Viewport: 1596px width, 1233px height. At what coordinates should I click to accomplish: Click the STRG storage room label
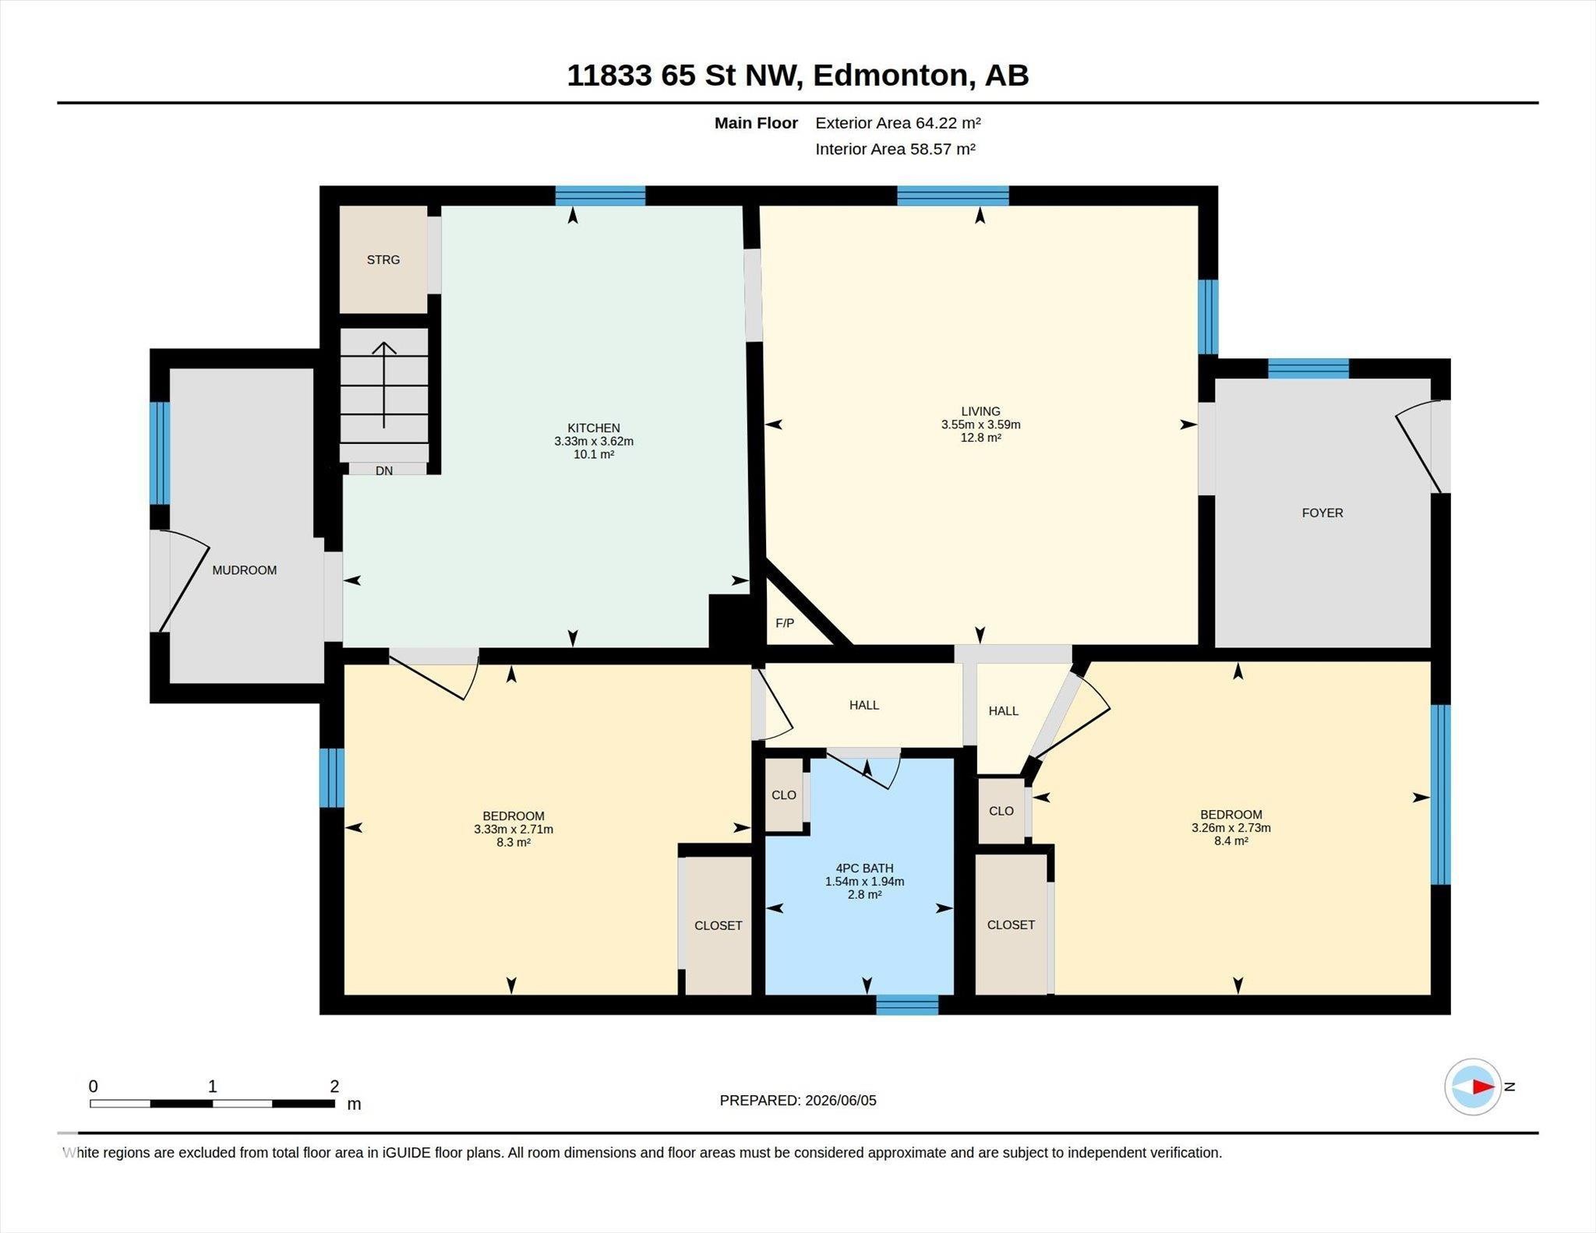click(383, 259)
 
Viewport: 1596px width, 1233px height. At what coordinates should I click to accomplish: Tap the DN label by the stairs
click(384, 470)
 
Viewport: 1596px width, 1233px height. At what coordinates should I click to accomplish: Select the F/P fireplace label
click(785, 623)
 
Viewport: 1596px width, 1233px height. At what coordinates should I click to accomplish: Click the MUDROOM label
click(245, 570)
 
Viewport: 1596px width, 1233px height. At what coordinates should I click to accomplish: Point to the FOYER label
click(1322, 513)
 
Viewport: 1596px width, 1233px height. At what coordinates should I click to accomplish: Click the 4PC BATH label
click(865, 868)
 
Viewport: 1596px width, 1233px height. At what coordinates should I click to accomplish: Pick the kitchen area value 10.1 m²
click(594, 454)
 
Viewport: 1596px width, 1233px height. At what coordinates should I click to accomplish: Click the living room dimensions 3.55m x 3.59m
click(980, 425)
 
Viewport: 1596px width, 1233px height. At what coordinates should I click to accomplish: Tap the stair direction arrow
click(384, 385)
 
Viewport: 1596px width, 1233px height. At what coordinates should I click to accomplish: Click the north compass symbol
click(1473, 1087)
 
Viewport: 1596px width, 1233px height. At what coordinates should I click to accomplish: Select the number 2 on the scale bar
click(334, 1086)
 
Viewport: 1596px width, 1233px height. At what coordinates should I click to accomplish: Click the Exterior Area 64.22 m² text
click(898, 123)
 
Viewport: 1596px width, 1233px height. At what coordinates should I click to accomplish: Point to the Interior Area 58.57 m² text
click(895, 149)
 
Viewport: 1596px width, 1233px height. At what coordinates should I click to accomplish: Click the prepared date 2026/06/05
click(841, 1101)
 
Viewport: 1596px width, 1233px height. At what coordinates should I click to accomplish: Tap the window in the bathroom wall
click(907, 1005)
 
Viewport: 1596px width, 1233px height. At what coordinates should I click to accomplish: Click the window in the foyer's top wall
click(1308, 368)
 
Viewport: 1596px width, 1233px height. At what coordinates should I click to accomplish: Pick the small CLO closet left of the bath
click(784, 794)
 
